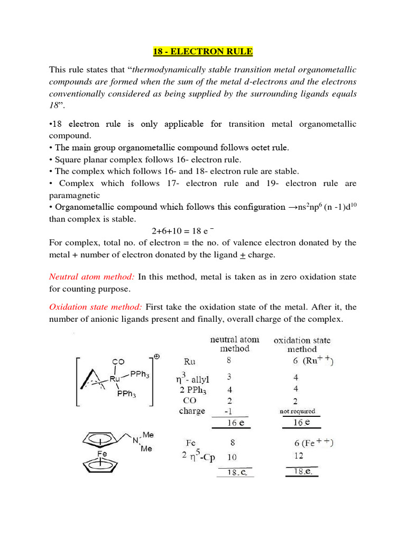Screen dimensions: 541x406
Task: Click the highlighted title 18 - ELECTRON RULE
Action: [203, 52]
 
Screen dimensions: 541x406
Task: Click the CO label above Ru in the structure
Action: [118, 362]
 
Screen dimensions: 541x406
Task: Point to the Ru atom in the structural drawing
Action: [116, 378]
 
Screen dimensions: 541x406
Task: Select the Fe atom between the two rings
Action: [103, 453]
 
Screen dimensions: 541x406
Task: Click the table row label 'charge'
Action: [192, 411]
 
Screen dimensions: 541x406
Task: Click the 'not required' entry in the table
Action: [297, 411]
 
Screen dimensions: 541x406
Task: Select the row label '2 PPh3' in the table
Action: [192, 390]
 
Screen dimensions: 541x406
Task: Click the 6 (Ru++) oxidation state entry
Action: [309, 362]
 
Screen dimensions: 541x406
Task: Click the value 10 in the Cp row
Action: [231, 456]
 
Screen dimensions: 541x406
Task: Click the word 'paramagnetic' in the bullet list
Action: [76, 195]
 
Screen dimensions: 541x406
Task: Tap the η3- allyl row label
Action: [195, 378]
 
